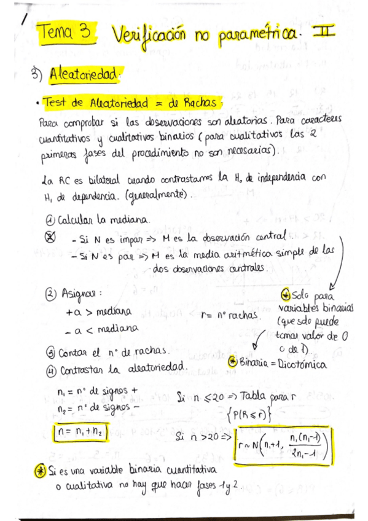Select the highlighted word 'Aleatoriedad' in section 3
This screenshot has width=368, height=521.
pos(85,75)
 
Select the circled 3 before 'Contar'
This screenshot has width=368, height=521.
pos(50,353)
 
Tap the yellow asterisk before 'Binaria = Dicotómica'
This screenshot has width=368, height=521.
pos(232,362)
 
